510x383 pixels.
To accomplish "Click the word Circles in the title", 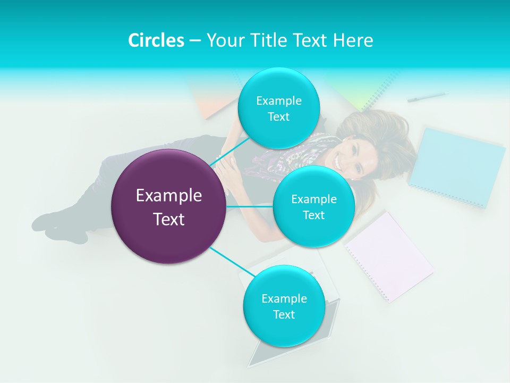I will [156, 40].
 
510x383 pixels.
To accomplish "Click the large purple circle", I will [168, 206].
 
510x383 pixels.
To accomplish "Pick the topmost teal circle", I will [278, 108].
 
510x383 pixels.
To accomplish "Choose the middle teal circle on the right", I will [313, 206].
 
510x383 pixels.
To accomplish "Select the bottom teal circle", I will [284, 306].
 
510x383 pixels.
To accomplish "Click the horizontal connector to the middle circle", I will [250, 206].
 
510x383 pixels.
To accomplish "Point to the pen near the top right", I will [426, 97].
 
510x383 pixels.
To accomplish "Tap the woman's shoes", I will [53, 226].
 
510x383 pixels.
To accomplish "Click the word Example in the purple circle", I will [168, 196].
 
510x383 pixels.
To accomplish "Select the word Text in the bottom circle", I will [284, 314].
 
